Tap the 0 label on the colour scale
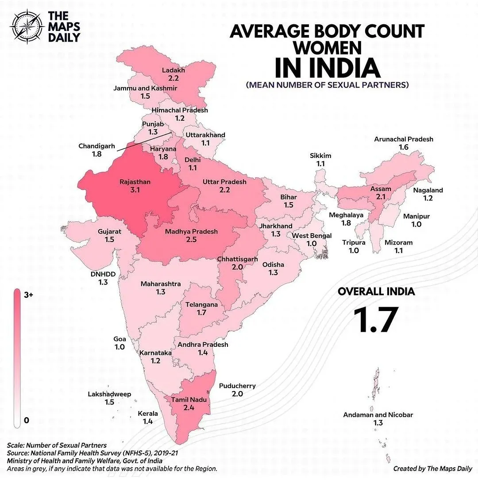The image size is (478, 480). click(26, 420)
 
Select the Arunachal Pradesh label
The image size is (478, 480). click(403, 139)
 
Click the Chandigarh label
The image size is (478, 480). click(96, 146)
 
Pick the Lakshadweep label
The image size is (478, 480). click(109, 394)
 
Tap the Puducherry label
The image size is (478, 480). click(237, 386)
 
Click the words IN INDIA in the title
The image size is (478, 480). click(327, 67)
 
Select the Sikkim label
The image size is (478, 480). click(320, 156)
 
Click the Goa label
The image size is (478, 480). click(119, 339)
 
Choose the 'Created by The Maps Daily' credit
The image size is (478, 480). click(432, 468)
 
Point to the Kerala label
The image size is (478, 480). click(148, 414)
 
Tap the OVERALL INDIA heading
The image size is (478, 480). click(376, 292)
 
